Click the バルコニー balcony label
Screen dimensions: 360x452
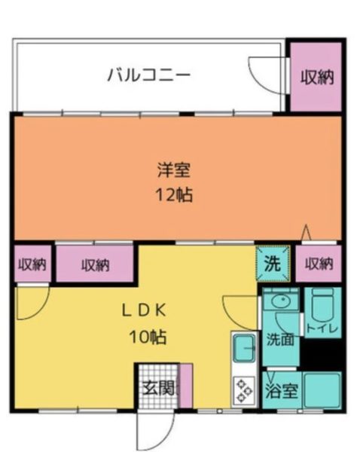(x=149, y=75)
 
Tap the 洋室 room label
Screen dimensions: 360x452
(x=174, y=170)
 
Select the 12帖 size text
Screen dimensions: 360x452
(x=174, y=195)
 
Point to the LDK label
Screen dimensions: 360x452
(x=145, y=310)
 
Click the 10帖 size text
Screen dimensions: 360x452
(x=148, y=337)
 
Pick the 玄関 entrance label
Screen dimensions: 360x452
(x=159, y=387)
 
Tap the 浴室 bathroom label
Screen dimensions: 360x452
(x=282, y=391)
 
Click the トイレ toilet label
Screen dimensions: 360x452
(x=322, y=328)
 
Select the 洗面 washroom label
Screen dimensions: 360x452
(x=280, y=339)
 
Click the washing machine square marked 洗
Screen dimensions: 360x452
(x=273, y=264)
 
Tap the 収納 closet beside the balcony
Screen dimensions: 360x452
(x=316, y=77)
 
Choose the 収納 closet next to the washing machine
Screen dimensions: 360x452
(x=319, y=264)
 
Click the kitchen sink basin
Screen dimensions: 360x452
(x=245, y=348)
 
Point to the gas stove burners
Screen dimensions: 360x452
(x=244, y=391)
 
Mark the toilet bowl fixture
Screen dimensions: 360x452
(x=322, y=307)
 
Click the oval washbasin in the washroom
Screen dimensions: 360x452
(x=281, y=301)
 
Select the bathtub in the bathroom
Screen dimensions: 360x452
(x=322, y=390)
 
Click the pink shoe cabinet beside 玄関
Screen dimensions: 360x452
(x=186, y=386)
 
